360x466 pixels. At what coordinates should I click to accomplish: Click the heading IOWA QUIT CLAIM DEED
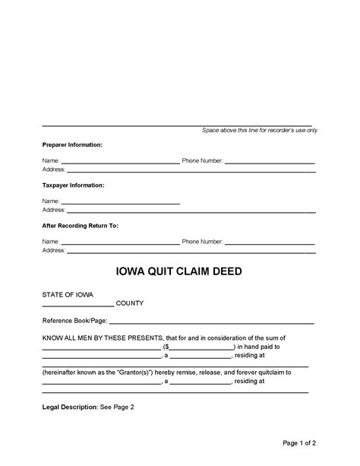(x=179, y=271)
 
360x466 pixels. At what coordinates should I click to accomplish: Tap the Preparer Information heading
(x=72, y=144)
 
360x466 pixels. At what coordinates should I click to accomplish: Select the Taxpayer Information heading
(x=73, y=185)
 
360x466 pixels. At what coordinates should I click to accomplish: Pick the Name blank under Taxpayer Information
(x=119, y=203)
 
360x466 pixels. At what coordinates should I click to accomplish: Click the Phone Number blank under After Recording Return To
(x=270, y=243)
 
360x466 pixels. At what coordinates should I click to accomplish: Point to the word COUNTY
(x=130, y=303)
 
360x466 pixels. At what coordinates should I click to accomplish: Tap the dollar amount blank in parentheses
(x=201, y=347)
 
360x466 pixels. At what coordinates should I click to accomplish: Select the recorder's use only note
(x=260, y=130)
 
